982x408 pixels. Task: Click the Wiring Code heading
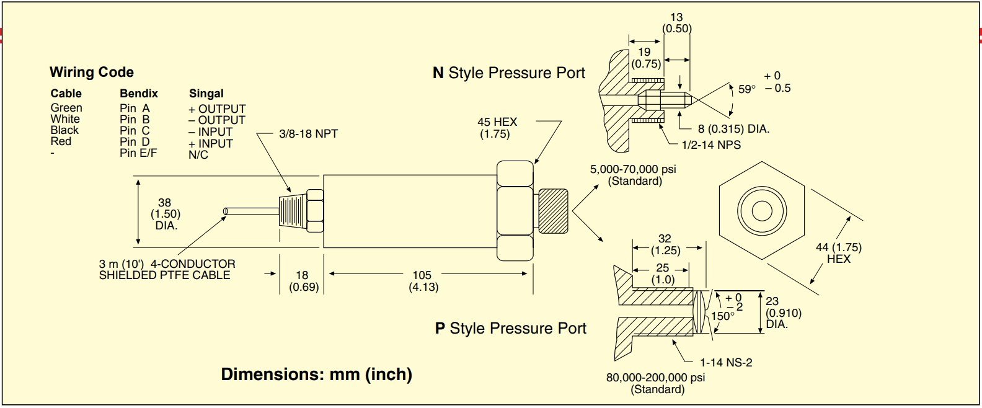pos(92,72)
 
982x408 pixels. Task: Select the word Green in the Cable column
pos(66,108)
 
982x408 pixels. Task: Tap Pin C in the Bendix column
pos(135,131)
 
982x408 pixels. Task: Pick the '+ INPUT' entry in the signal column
pos(211,143)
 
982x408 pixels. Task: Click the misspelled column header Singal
pos(206,94)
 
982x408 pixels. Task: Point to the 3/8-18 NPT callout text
pos(308,134)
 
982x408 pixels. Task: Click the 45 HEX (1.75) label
pos(497,128)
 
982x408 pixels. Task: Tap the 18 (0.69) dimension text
pos(303,281)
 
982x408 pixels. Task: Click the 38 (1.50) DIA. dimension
pos(165,214)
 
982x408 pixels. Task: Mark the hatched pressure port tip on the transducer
pos(552,210)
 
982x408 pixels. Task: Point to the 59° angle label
pos(747,89)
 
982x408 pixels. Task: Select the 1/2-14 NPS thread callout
pos(711,145)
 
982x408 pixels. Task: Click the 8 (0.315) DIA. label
pos(733,129)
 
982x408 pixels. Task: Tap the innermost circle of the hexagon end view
pos(761,211)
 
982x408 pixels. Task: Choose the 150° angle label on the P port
pos(722,316)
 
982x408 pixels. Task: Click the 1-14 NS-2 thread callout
pos(726,363)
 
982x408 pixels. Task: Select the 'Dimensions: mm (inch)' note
pos(316,375)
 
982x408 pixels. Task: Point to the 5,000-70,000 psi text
pos(633,169)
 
